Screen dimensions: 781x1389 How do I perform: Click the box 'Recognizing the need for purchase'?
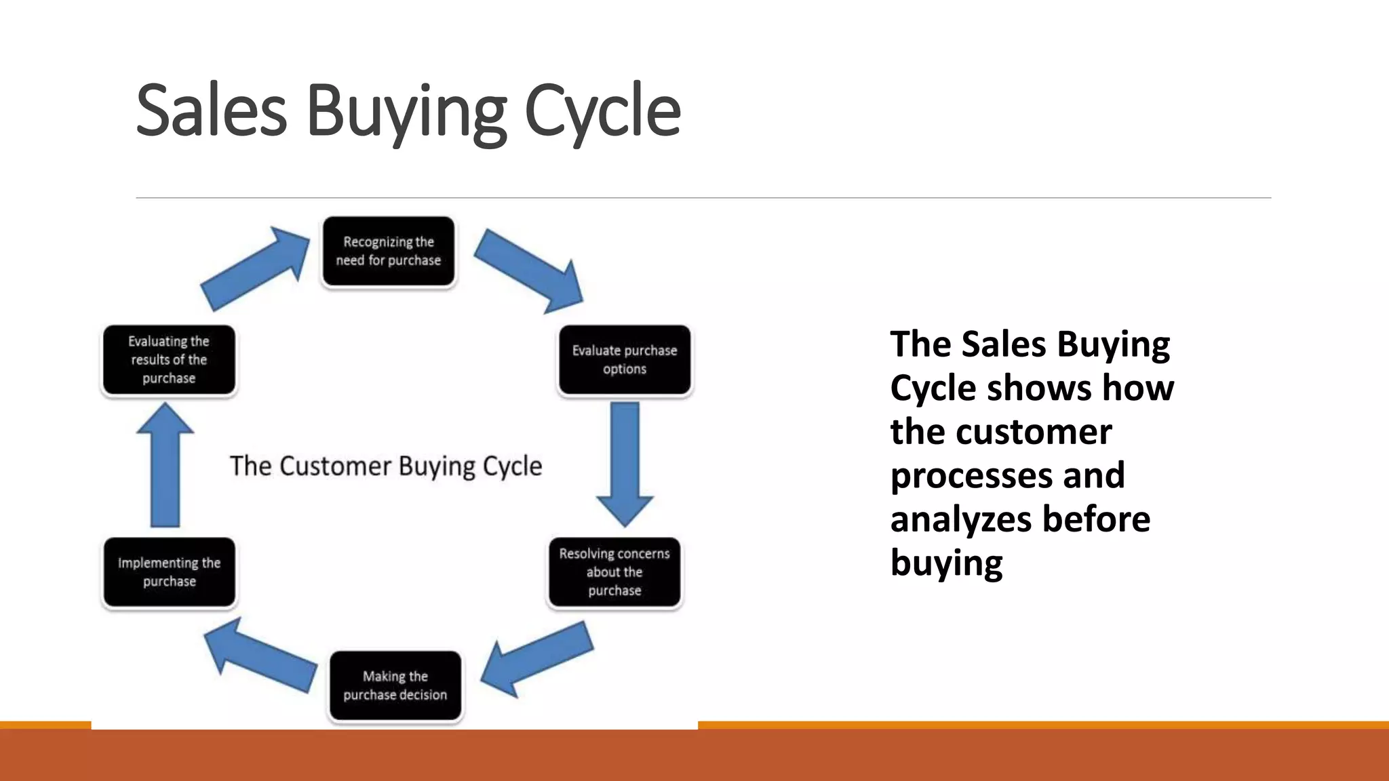click(x=388, y=252)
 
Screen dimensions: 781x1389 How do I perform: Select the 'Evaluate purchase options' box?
click(x=624, y=360)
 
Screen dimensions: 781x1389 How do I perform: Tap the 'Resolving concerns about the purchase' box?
click(x=614, y=572)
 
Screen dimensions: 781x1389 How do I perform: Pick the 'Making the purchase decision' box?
click(x=395, y=685)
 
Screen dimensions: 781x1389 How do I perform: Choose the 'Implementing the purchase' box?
click(x=169, y=572)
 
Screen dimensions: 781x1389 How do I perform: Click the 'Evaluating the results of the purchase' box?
click(x=169, y=360)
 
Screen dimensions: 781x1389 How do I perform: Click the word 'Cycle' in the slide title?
click(x=602, y=111)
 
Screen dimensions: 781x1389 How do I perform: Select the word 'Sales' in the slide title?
click(x=211, y=111)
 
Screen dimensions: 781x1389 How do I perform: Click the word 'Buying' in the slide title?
click(x=406, y=111)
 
